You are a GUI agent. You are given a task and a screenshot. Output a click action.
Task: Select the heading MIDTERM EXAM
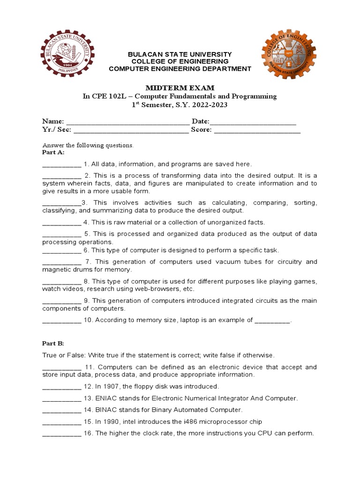click(x=180, y=88)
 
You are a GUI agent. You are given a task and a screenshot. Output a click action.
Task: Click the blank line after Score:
click(x=257, y=131)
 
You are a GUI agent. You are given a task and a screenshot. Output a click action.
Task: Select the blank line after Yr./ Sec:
click(x=131, y=131)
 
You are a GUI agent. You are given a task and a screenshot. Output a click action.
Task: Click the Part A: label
click(x=53, y=152)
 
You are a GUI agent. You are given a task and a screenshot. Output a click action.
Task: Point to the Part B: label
click(x=53, y=344)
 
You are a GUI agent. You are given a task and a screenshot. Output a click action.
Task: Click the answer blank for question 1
click(x=61, y=165)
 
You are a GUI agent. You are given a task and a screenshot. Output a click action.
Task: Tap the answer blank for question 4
click(x=61, y=223)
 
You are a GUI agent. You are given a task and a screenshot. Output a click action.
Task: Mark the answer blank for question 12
click(x=61, y=387)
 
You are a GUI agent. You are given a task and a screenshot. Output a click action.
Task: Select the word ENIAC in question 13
click(x=106, y=398)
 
